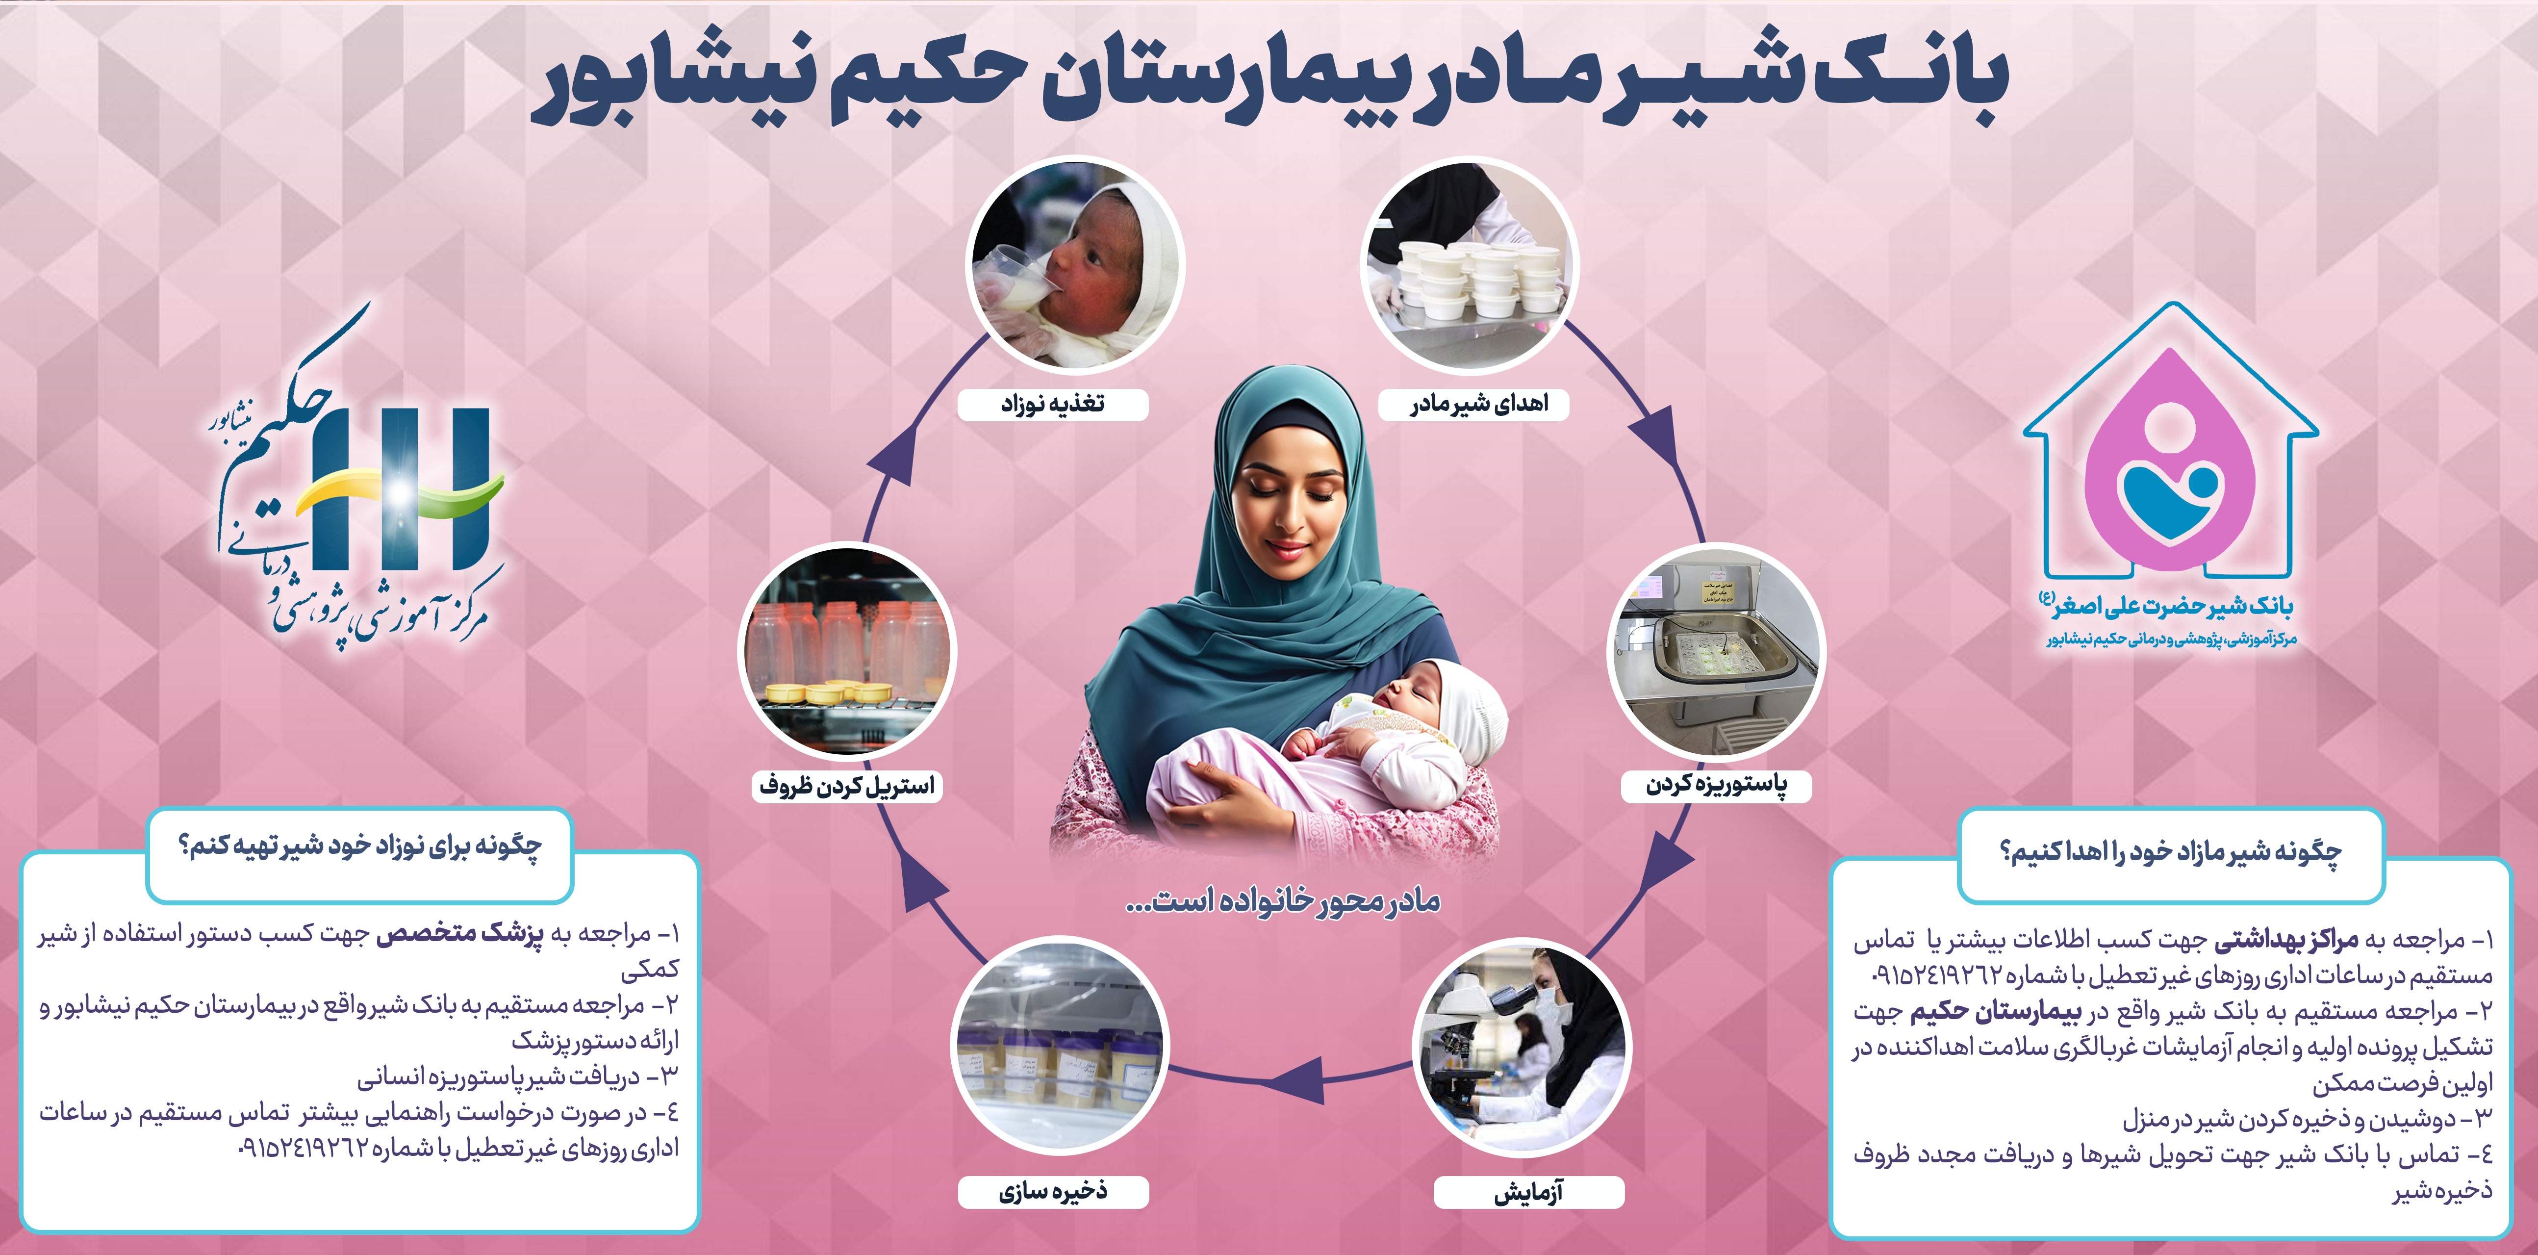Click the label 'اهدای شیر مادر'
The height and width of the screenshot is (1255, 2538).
pyautogui.click(x=1478, y=404)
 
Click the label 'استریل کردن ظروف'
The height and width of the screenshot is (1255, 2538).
pyautogui.click(x=846, y=785)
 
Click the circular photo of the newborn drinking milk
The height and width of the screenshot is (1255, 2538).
pyautogui.click(x=1076, y=266)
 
